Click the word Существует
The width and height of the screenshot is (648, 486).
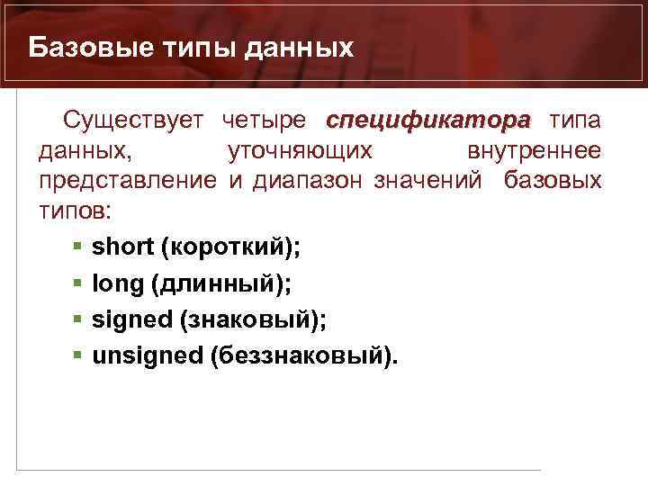(x=134, y=121)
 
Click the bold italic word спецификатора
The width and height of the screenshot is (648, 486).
(x=428, y=121)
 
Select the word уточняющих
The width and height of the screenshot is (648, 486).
(x=301, y=151)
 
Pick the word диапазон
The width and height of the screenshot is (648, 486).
(x=305, y=181)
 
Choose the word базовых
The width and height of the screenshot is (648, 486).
(x=553, y=181)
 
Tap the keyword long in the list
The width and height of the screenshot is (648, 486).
(x=117, y=283)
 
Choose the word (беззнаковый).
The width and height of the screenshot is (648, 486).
(x=302, y=355)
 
